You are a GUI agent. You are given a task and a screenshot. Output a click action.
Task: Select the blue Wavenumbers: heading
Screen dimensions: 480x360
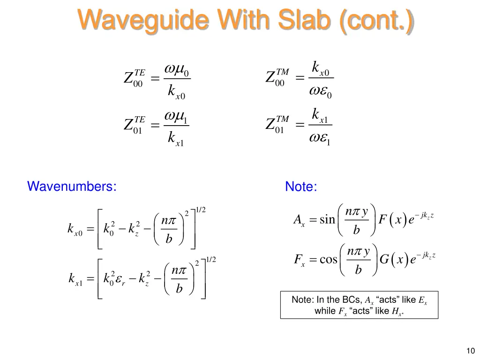(72, 186)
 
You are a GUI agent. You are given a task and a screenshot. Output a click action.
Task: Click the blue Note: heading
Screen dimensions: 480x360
(301, 187)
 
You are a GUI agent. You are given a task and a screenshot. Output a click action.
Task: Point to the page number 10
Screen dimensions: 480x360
(471, 350)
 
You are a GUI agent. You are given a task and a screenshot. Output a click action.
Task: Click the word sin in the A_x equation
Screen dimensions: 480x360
(327, 219)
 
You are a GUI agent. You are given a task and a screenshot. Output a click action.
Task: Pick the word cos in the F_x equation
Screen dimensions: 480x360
(328, 259)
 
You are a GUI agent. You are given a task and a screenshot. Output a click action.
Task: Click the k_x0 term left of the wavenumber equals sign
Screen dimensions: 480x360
(75, 230)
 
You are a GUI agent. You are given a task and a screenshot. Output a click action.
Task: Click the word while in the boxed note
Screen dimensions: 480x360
(325, 311)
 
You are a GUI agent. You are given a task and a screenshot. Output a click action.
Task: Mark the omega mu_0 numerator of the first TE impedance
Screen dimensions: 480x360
(176, 69)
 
